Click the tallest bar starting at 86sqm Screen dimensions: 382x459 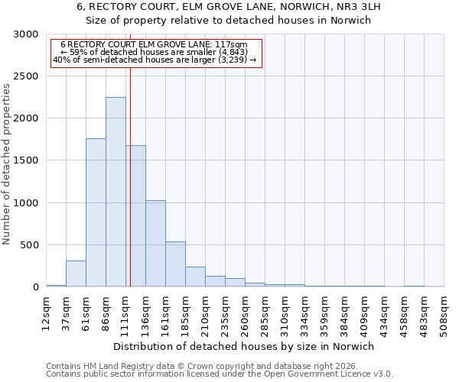(116, 192)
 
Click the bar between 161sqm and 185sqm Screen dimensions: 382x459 (175, 264)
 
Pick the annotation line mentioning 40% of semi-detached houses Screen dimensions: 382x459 (155, 60)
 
